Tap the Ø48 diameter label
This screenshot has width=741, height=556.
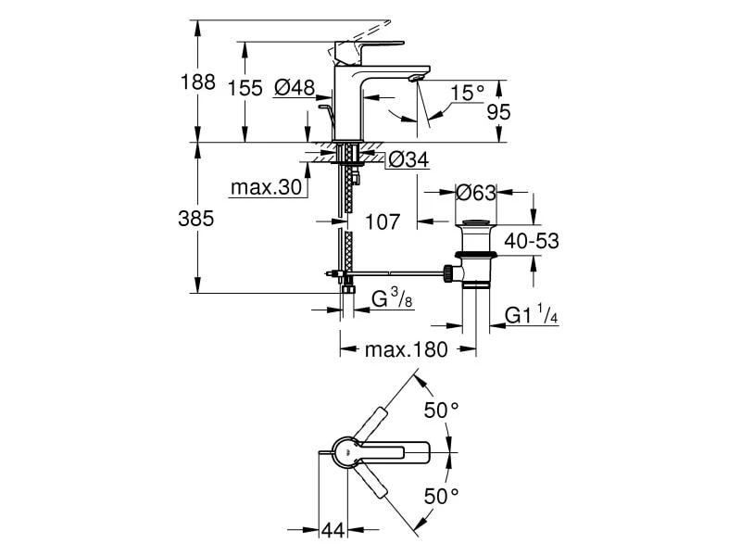[x=295, y=89]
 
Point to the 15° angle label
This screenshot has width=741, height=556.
[x=468, y=93]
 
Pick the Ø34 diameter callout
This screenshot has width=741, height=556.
[x=408, y=159]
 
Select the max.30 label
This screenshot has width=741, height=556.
[x=267, y=188]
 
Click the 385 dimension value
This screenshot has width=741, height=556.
[x=196, y=219]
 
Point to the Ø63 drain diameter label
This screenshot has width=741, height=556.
[x=477, y=193]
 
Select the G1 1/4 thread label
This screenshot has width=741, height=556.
[x=530, y=317]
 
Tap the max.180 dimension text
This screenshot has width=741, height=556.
[x=406, y=350]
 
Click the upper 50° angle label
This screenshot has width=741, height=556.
[x=441, y=410]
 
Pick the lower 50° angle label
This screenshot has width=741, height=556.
[x=441, y=496]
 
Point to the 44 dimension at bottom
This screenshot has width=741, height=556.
[x=333, y=530]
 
